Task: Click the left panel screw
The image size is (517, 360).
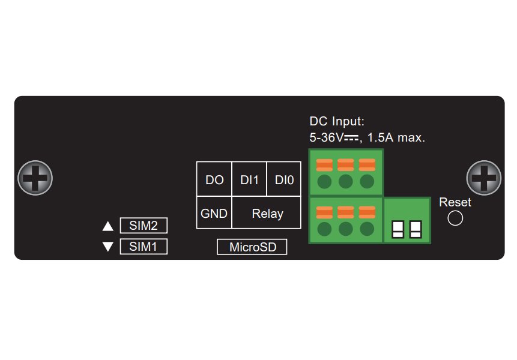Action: point(35,178)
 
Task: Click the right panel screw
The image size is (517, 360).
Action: point(484,178)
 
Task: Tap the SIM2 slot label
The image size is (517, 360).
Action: point(144,226)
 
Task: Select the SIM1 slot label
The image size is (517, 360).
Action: point(144,246)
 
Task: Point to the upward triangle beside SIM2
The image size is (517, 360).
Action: point(108,226)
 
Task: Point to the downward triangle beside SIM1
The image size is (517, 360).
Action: point(108,246)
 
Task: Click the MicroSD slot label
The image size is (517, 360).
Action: point(252,247)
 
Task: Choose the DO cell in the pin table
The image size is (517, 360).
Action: point(214,179)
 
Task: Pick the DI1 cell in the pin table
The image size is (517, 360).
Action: point(249,179)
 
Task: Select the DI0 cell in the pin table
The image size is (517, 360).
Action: point(283,179)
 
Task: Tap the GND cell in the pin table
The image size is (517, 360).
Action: point(214,213)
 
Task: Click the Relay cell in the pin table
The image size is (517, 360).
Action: point(267,213)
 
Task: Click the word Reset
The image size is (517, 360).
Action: point(455,202)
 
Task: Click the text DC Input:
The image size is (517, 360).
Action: point(337,121)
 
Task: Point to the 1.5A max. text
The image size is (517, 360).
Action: point(396,137)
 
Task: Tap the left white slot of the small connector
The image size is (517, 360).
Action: point(398,228)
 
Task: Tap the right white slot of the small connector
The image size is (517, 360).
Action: point(416,228)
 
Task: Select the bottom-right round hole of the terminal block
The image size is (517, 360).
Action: point(366,229)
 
